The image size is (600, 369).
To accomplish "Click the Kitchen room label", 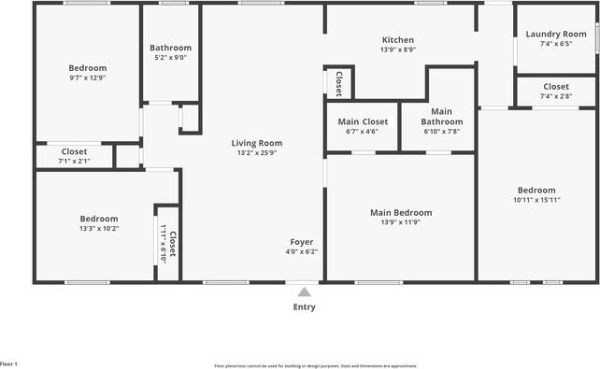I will tap(398, 40).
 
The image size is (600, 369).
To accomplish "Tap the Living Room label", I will tap(257, 143).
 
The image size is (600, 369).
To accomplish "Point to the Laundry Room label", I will tap(555, 35).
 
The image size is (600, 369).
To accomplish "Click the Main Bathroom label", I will tap(441, 117).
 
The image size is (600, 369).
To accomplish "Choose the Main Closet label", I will tap(362, 121).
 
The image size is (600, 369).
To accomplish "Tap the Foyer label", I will tap(301, 242).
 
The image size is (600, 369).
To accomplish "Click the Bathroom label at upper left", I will tap(170, 48).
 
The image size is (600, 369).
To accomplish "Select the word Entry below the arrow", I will tap(304, 307).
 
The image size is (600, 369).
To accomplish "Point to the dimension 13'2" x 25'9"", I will tap(257, 153).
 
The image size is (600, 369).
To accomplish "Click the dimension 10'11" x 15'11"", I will tap(536, 200).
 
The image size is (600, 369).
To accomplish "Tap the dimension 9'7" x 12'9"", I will tap(88, 78).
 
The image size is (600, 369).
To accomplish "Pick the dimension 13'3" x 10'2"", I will tap(98, 228).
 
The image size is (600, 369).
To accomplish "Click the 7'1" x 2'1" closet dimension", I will tap(74, 161).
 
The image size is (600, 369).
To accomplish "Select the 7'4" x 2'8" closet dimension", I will tap(555, 96).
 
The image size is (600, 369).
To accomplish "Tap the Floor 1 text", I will tap(9, 363).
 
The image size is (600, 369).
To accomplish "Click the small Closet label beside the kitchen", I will tap(338, 83).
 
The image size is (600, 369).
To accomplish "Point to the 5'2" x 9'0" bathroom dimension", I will tap(170, 58).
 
